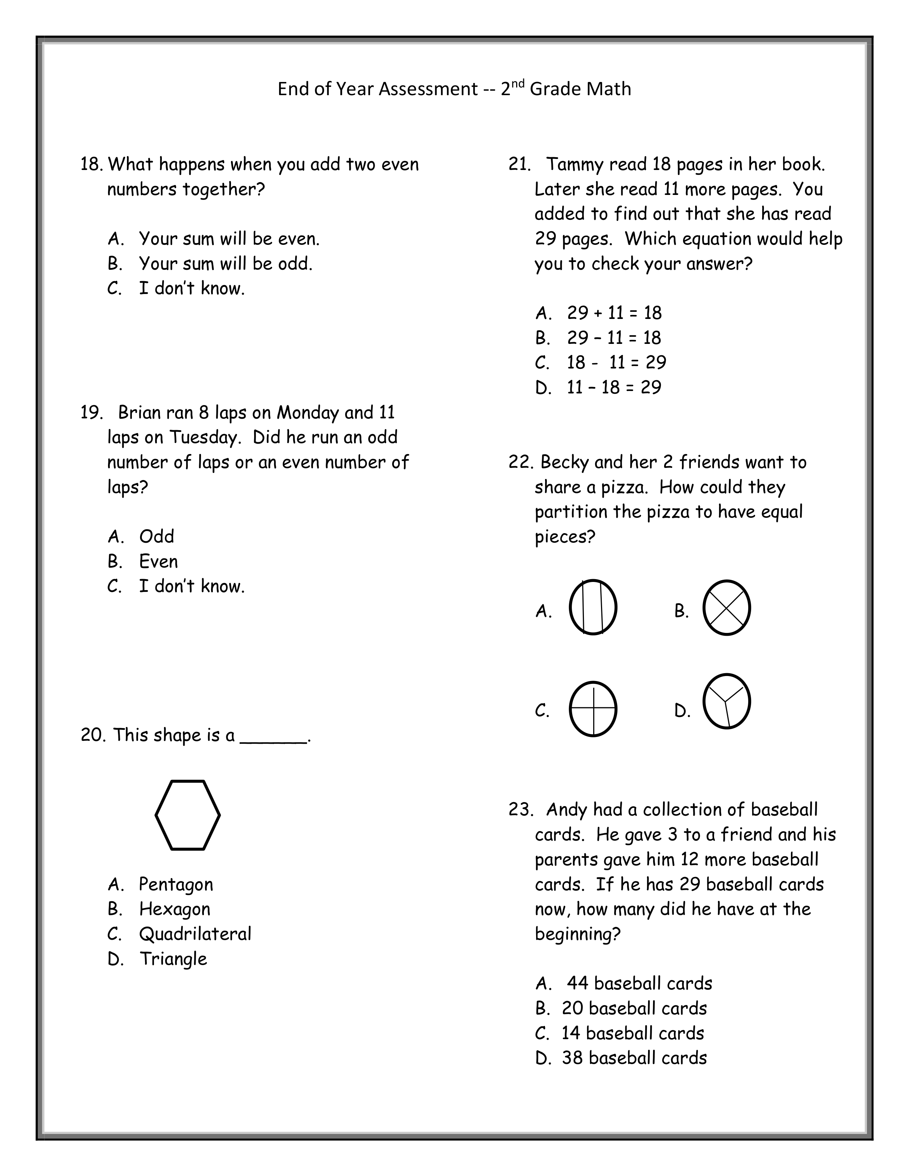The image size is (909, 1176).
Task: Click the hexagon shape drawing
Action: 188,815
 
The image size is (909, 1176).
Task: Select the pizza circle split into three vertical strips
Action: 593,607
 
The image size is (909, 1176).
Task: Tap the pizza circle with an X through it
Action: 726,607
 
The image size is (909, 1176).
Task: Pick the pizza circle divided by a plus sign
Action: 593,708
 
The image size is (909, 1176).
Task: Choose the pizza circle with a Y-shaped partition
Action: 726,701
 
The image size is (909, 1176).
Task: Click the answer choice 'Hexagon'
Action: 174,909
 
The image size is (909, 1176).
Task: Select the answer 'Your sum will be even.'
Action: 229,238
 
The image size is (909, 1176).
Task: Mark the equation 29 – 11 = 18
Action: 614,337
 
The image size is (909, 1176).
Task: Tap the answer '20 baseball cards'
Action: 634,1008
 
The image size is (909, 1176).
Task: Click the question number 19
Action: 91,412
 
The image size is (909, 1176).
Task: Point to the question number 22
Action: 520,462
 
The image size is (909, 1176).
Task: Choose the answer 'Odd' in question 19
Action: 156,536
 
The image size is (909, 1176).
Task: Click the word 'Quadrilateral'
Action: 195,934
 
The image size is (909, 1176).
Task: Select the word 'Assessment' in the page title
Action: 428,89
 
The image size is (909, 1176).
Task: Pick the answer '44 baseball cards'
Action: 639,983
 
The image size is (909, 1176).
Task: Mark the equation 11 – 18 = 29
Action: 614,387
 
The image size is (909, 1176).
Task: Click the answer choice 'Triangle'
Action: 173,959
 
